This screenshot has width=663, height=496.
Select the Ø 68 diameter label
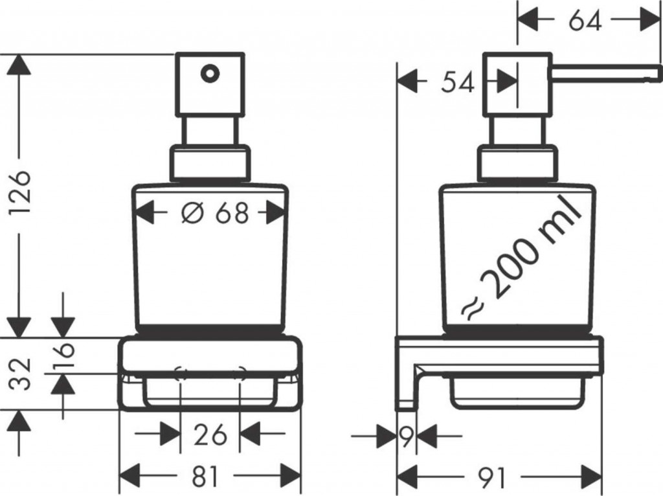pyautogui.click(x=214, y=212)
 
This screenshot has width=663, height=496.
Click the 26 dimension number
pyautogui.click(x=210, y=434)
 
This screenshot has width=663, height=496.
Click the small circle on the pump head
pyautogui.click(x=209, y=73)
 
